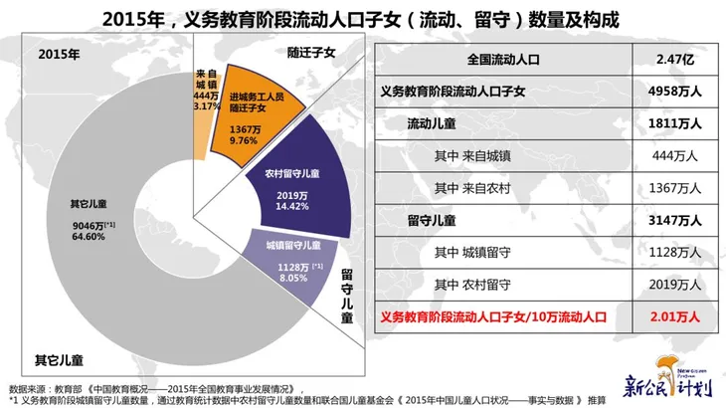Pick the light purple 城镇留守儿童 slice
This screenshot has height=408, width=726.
pyautogui.click(x=288, y=259)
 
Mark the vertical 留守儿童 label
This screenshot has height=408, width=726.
pyautogui.click(x=347, y=298)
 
